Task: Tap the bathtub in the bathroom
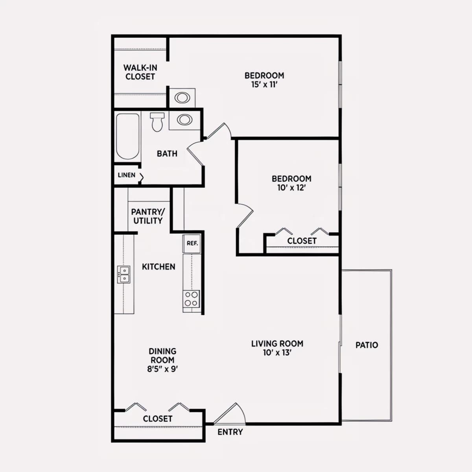point(127,136)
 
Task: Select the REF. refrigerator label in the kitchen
point(192,243)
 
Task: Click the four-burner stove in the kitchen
point(191,299)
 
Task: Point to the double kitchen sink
point(124,275)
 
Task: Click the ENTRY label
point(230,432)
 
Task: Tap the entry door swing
point(229,413)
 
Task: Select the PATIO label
point(367,345)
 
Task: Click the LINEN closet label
point(126,175)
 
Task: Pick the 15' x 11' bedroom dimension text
point(264,85)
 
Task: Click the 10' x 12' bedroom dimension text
point(291,188)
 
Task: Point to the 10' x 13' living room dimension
point(277,353)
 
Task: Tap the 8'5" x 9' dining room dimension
point(162,369)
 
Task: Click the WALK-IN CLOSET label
point(140,72)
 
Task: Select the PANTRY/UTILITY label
point(148,216)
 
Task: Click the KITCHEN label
point(159,267)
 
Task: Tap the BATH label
point(167,153)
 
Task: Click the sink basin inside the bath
point(184,120)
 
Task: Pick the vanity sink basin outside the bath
point(182,98)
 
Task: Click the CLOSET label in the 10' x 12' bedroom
point(302,241)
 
